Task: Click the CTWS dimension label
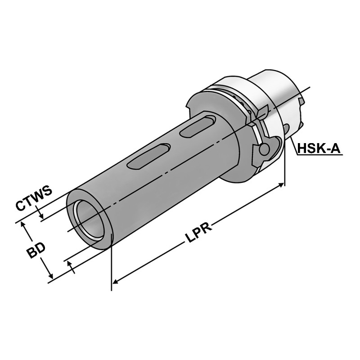[34, 198]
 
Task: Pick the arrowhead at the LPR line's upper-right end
[281, 184]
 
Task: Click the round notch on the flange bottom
[265, 149]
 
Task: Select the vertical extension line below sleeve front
[111, 270]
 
